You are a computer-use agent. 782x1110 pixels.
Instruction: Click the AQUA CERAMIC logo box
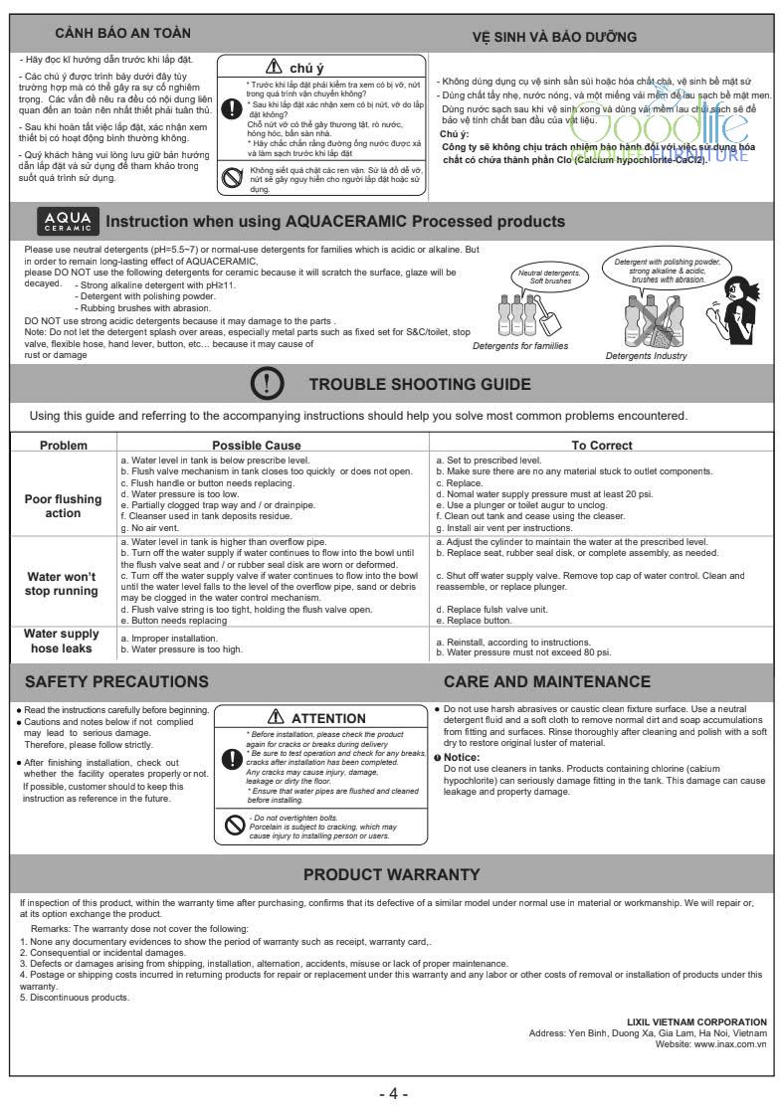click(68, 220)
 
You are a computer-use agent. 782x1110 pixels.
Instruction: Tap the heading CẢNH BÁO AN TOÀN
click(122, 35)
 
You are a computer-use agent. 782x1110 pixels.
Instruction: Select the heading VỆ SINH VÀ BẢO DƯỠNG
click(554, 37)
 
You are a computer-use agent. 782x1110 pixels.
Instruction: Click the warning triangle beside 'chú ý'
click(272, 68)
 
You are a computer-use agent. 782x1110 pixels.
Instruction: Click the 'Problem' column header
click(63, 446)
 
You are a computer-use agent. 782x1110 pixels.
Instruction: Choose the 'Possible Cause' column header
click(272, 446)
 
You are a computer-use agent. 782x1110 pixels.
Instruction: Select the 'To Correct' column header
click(602, 446)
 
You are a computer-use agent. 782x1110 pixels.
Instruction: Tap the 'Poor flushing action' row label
click(63, 505)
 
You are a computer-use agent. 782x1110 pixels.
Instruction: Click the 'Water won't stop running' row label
click(63, 583)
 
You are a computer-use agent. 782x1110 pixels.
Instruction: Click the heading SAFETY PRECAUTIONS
click(116, 681)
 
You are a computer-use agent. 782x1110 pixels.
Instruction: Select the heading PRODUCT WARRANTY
click(391, 874)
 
